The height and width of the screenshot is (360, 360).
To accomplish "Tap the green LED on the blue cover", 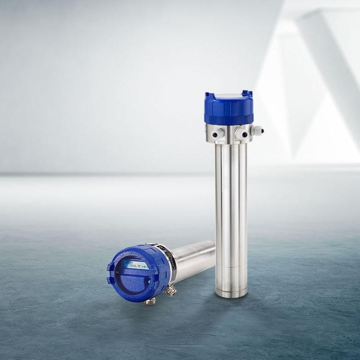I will (x=149, y=281).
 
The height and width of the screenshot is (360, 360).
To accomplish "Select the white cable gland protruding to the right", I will (x=257, y=132).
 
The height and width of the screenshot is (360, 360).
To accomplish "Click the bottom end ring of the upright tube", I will (x=231, y=292).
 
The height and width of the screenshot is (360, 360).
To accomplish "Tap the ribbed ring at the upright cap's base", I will (x=228, y=120).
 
